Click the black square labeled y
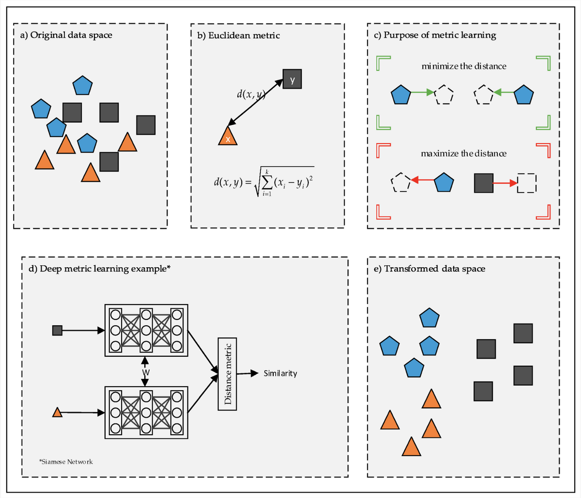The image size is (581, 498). pyautogui.click(x=292, y=79)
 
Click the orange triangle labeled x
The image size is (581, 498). pyautogui.click(x=228, y=137)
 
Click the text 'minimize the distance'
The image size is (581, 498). pyautogui.click(x=464, y=66)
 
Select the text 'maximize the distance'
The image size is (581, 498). pyautogui.click(x=464, y=153)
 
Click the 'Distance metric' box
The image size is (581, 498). pyautogui.click(x=228, y=373)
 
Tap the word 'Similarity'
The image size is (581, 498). pyautogui.click(x=280, y=373)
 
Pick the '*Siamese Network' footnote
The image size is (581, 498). pyautogui.click(x=66, y=461)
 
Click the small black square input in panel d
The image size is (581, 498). pyautogui.click(x=57, y=331)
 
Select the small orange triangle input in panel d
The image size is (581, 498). pyautogui.click(x=57, y=412)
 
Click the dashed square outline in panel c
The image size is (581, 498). pyautogui.click(x=527, y=183)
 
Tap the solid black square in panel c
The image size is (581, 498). pyautogui.click(x=484, y=183)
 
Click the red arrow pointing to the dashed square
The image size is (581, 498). pyautogui.click(x=505, y=183)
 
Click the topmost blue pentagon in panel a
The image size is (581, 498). pyautogui.click(x=82, y=86)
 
